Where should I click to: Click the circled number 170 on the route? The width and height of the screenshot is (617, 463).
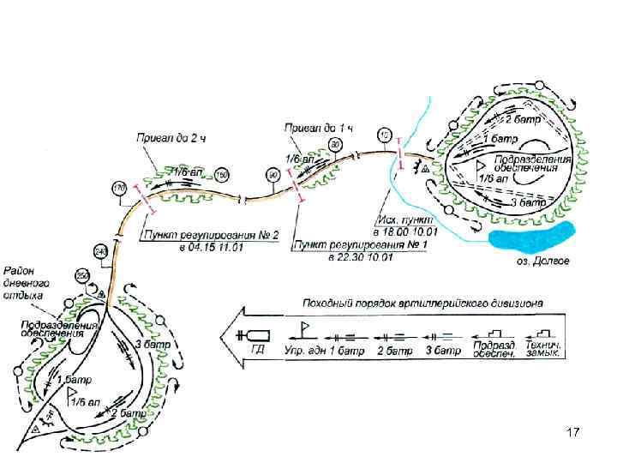pyautogui.click(x=118, y=187)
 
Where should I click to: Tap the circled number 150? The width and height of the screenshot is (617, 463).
pyautogui.click(x=222, y=175)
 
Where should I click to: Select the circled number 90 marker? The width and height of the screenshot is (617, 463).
pyautogui.click(x=273, y=175)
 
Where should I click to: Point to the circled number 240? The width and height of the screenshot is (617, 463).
pyautogui.click(x=100, y=251)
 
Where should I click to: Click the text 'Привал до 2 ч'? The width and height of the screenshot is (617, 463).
pyautogui.click(x=170, y=138)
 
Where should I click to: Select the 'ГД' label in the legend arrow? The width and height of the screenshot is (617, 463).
pyautogui.click(x=257, y=349)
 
